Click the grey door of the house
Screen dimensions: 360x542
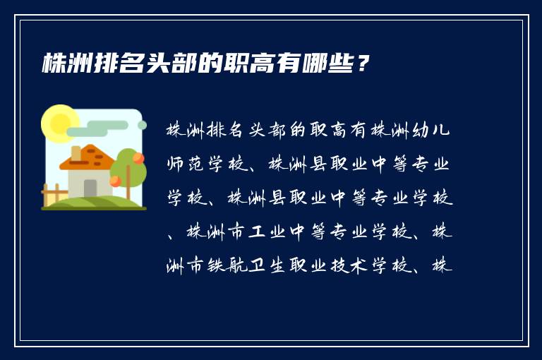pyautogui.click(x=90, y=188)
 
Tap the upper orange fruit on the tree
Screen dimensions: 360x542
pyautogui.click(x=138, y=158)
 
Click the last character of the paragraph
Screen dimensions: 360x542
pyautogui.click(x=444, y=265)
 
